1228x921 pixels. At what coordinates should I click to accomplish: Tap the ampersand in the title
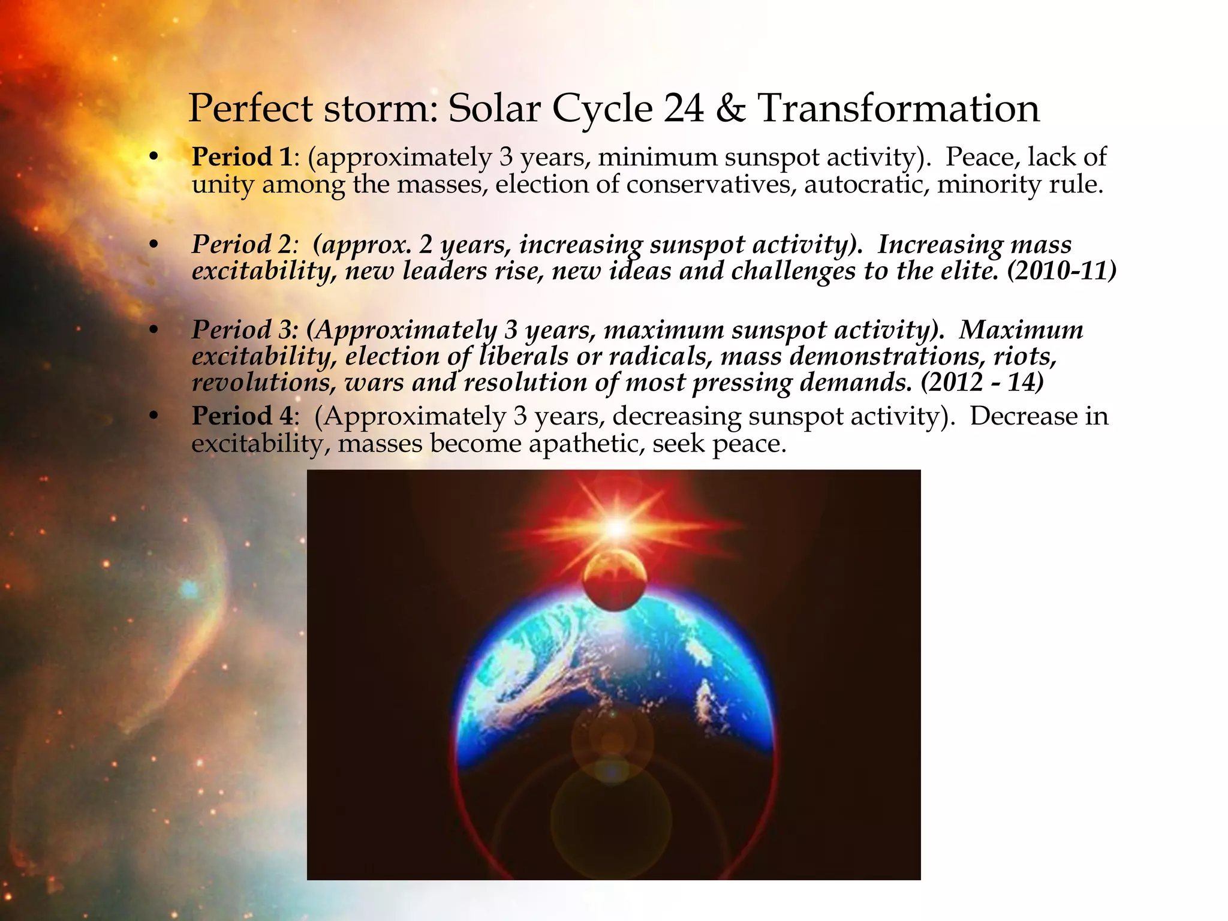730,109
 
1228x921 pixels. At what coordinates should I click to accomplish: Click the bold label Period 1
241,157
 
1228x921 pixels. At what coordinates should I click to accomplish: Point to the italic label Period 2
241,245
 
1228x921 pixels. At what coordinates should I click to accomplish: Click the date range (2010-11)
1061,271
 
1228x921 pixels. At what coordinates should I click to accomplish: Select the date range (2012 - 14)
982,383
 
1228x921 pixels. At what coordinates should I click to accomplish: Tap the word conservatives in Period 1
711,184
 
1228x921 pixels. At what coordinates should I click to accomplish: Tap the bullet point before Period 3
154,330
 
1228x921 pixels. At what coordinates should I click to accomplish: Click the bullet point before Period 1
154,158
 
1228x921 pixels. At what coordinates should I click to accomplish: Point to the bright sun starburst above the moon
616,528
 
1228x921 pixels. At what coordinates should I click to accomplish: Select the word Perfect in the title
251,109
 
